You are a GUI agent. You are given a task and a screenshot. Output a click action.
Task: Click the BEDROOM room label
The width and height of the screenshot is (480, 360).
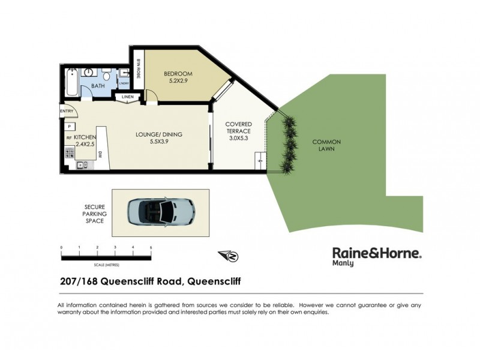pyautogui.click(x=177, y=75)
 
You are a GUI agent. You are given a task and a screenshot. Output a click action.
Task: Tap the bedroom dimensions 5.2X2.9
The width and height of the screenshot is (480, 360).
pyautogui.click(x=177, y=83)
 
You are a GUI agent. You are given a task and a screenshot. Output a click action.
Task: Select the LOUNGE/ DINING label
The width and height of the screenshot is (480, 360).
pyautogui.click(x=159, y=134)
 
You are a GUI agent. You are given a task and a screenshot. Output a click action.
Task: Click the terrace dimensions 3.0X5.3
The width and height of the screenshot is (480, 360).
pyautogui.click(x=239, y=138)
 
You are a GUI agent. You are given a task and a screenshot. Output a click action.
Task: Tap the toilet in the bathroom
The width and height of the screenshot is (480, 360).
pyautogui.click(x=106, y=76)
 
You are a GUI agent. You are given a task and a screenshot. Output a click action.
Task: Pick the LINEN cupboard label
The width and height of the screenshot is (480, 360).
pyautogui.click(x=128, y=97)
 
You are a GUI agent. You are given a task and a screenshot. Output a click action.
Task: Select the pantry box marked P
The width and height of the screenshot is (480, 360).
pyautogui.click(x=70, y=127)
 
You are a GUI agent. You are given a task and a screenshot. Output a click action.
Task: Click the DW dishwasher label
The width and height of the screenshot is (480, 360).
pyautogui.click(x=99, y=155)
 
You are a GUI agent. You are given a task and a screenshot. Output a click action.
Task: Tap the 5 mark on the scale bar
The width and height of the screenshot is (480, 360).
pyautogui.click(x=151, y=247)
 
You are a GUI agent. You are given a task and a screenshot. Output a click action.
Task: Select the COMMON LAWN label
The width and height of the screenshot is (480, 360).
pyautogui.click(x=326, y=146)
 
